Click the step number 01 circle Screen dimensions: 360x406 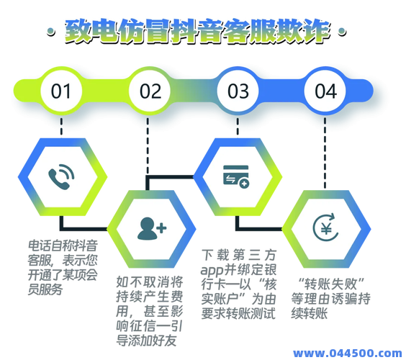pyautogui.click(x=61, y=91)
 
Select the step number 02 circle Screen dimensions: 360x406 pyautogui.click(x=150, y=91)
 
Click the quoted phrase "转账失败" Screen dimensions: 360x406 pyautogui.click(x=327, y=282)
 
